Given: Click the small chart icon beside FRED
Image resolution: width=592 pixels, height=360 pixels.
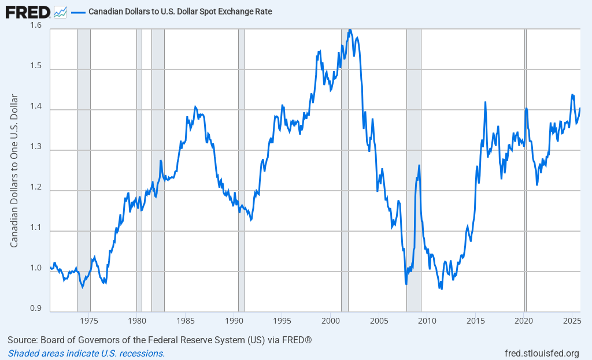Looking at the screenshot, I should click(x=60, y=11).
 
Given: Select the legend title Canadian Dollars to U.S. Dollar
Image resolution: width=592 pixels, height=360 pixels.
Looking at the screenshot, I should click(x=180, y=11).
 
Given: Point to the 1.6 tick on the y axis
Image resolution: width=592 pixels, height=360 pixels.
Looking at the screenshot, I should click(x=36, y=25).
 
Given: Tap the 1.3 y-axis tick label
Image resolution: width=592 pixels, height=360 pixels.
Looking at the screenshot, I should click(x=36, y=147).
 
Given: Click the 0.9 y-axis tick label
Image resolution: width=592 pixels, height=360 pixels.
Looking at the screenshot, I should click(x=36, y=308).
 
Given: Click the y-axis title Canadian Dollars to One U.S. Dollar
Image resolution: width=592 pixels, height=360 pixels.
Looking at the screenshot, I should click(x=14, y=170).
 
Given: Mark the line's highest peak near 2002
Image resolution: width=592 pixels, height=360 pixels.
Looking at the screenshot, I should click(x=350, y=29).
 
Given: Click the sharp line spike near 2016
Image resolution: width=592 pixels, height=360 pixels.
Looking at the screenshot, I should click(x=485, y=102).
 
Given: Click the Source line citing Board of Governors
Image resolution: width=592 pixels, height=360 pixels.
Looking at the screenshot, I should click(x=160, y=340).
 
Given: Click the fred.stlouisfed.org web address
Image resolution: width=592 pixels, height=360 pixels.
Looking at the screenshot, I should click(x=542, y=353).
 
